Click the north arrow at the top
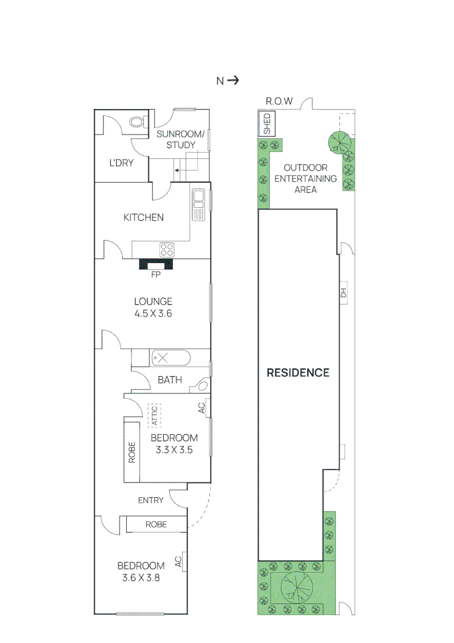tap(233, 80)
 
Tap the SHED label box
tap(267, 125)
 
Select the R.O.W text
tap(279, 102)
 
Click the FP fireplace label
tap(156, 274)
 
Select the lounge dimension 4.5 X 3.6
tap(153, 313)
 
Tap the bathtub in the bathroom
tap(170, 358)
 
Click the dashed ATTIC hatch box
tap(154, 414)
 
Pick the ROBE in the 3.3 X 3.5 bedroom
tap(132, 452)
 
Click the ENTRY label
tap(151, 500)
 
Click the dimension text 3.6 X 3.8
tap(141, 577)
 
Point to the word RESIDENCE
tap(298, 373)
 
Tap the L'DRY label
tap(121, 163)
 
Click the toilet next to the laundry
tap(137, 123)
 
